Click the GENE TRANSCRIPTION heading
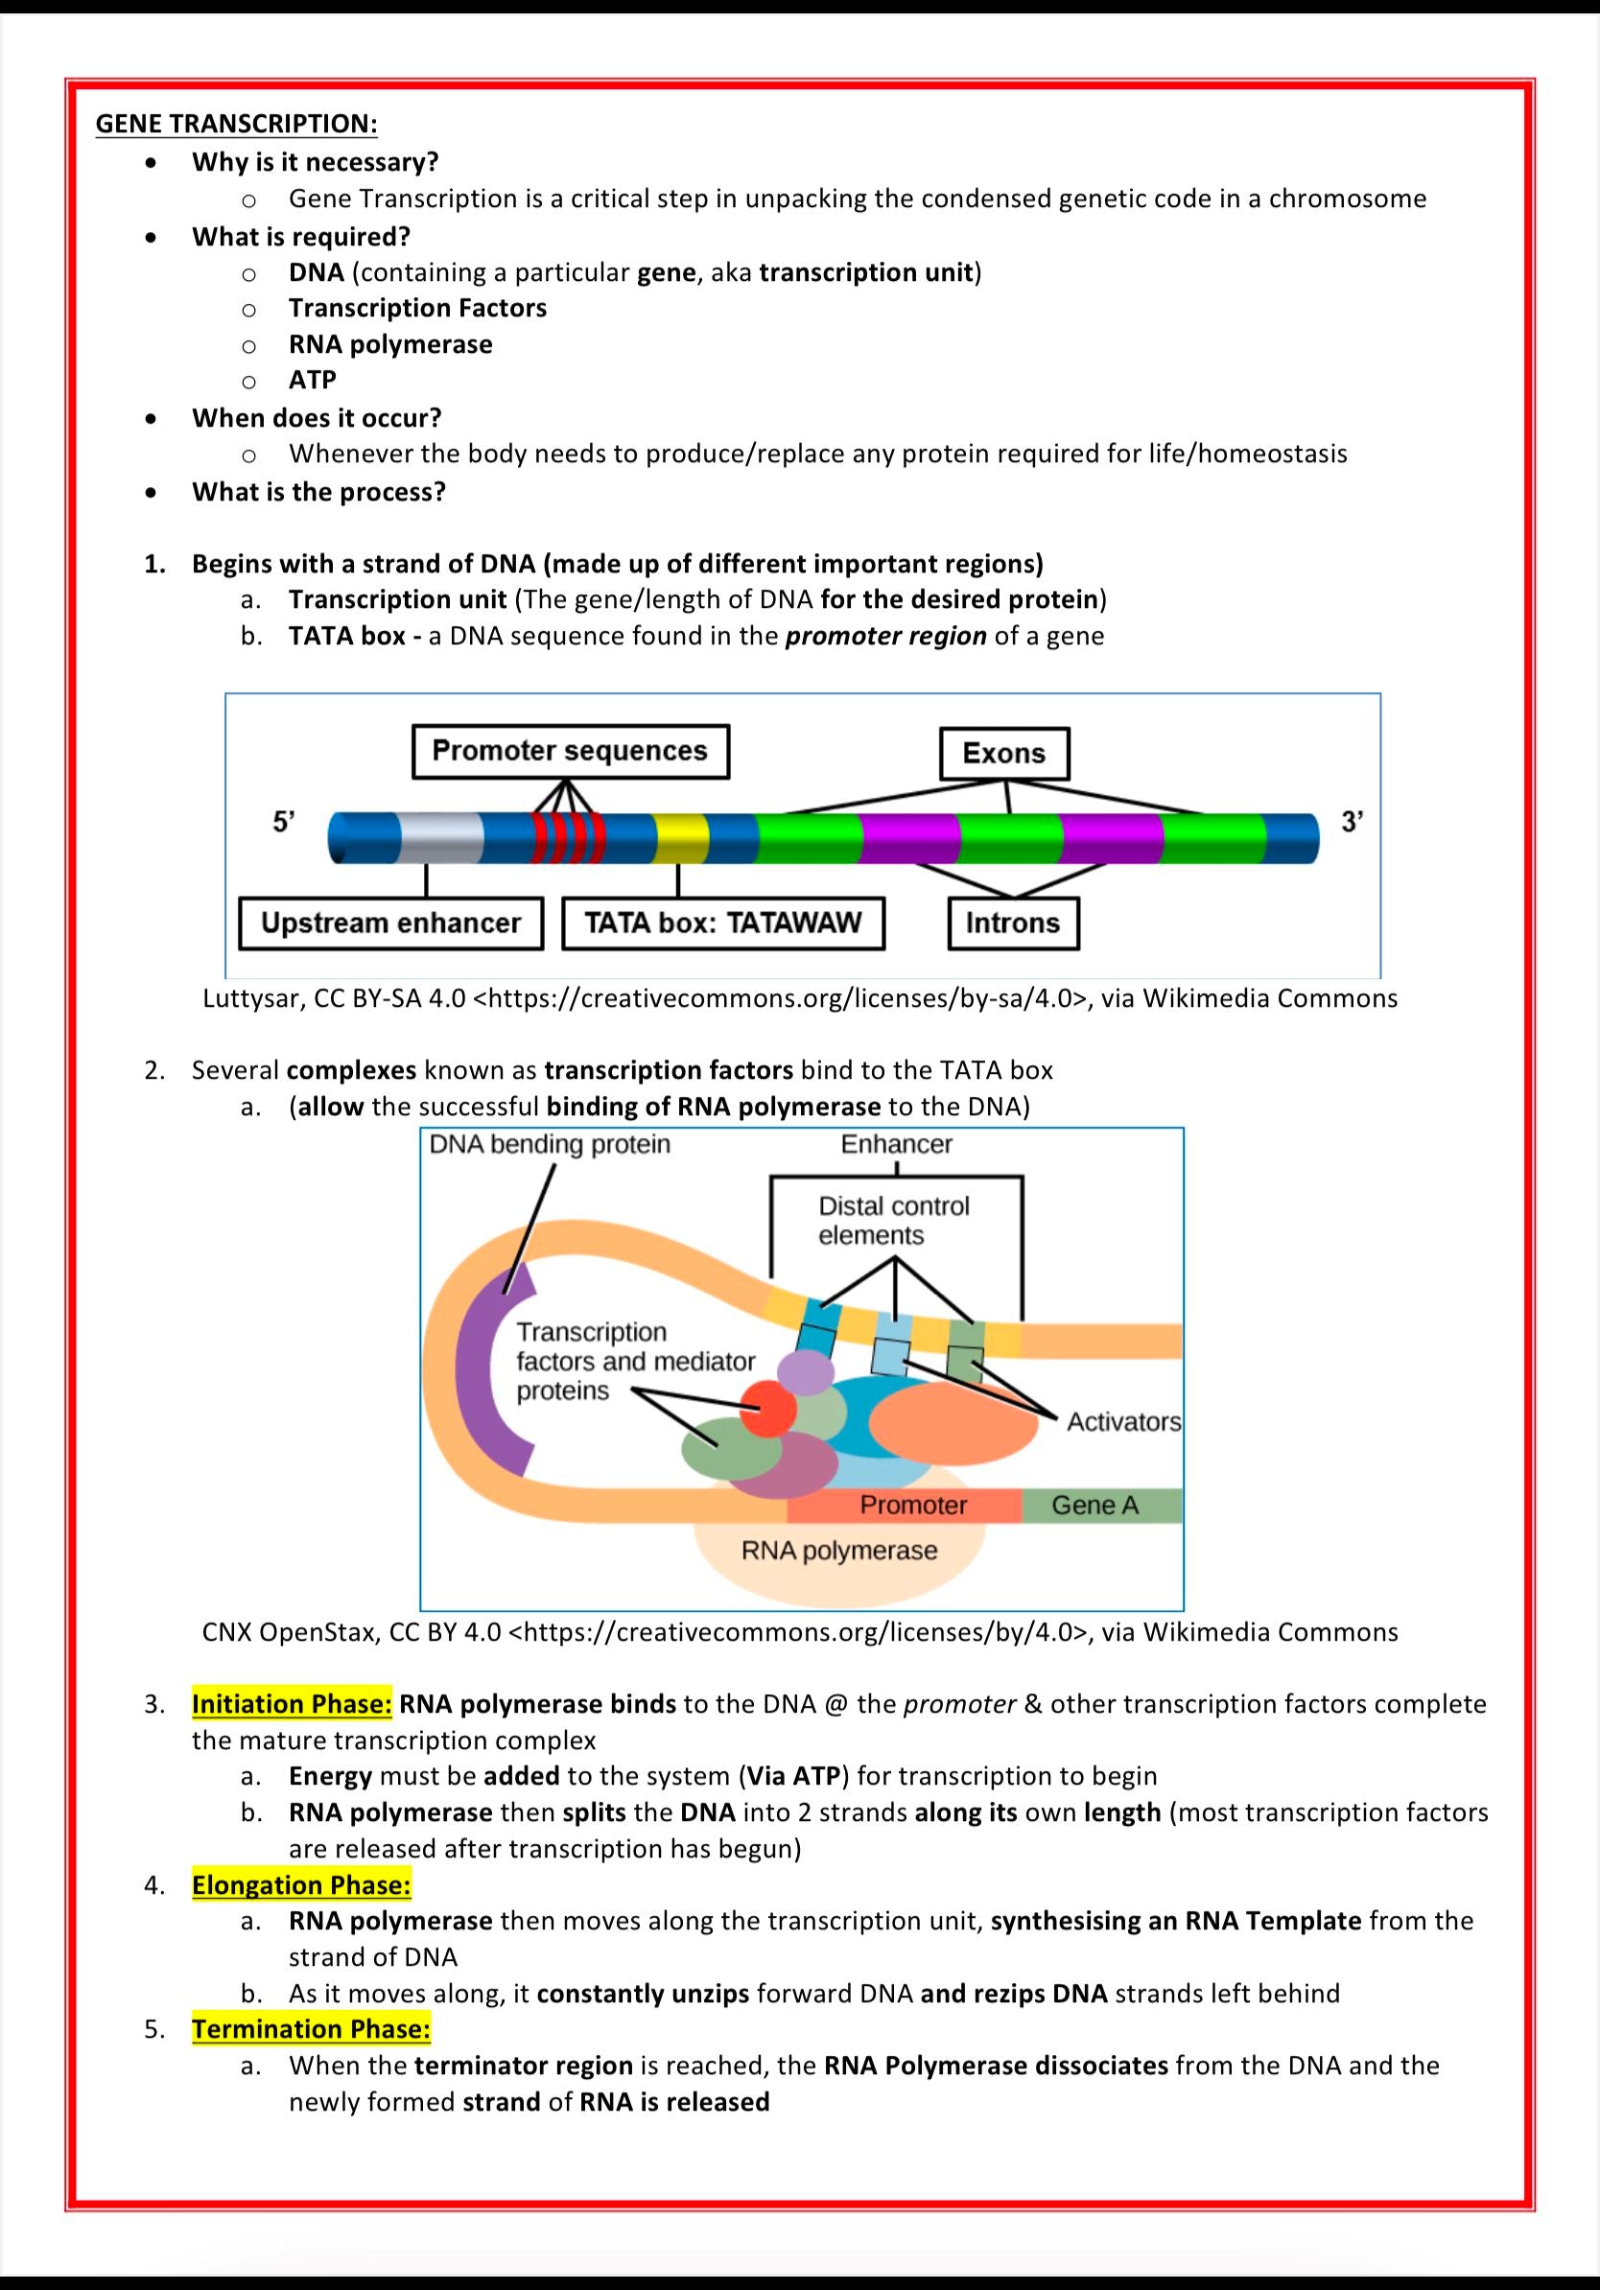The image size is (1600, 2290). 236,124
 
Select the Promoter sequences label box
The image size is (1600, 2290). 570,751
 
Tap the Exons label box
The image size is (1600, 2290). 1003,753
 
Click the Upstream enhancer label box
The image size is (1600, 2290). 390,923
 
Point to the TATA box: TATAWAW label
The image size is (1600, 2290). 722,923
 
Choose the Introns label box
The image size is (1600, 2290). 1012,923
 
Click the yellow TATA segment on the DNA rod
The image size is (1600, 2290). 680,838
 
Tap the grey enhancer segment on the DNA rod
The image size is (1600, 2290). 442,838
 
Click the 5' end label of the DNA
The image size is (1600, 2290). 283,822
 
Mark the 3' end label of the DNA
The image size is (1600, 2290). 1352,822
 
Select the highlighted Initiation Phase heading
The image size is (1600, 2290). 293,1703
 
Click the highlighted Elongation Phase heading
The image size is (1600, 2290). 301,1885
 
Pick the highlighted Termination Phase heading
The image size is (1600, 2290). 311,2029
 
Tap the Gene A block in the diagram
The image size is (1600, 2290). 1096,1505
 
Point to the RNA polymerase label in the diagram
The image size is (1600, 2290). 839,1551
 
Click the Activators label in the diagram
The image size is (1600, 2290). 1123,1421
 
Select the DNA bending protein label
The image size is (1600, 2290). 550,1144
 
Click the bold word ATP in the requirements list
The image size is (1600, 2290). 312,380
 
